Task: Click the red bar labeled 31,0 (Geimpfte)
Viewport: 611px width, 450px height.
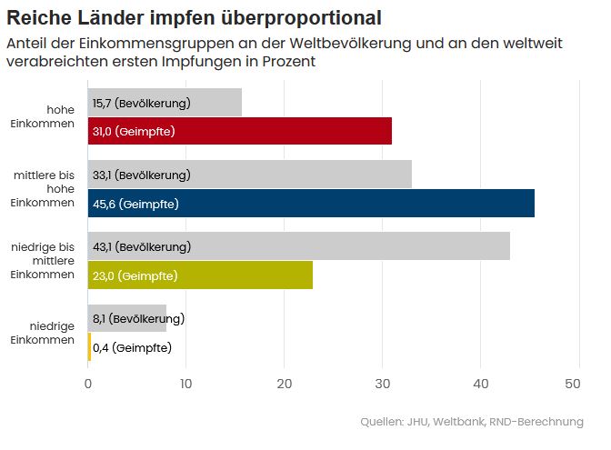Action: (240, 131)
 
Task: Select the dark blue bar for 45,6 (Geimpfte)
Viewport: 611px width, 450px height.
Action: (311, 203)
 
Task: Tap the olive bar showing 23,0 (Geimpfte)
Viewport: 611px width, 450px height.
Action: (200, 275)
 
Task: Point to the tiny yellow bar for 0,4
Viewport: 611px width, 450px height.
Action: (89, 346)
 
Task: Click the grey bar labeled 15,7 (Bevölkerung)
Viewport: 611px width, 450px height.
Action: (165, 103)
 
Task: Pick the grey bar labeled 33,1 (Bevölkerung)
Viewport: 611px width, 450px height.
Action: (250, 174)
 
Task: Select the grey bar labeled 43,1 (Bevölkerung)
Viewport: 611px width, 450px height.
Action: (299, 246)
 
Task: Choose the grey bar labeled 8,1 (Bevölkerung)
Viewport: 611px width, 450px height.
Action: (127, 318)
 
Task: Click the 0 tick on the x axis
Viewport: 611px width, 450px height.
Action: (88, 385)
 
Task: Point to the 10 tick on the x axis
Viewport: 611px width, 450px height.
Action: (186, 385)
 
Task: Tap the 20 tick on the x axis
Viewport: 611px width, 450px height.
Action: (285, 385)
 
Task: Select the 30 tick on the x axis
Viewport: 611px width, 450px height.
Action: (383, 385)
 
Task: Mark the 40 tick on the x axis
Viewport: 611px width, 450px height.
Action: (481, 385)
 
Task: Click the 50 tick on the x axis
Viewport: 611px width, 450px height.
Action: (573, 385)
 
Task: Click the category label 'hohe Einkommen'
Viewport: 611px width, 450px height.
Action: (55, 116)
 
